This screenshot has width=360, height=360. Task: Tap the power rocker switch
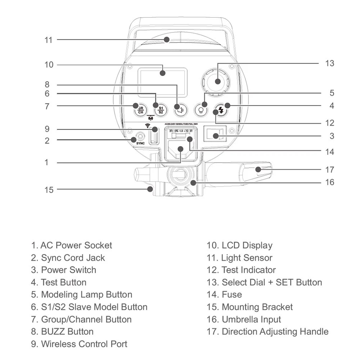216,135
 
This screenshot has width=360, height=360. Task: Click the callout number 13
329,63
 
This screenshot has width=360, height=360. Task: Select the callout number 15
49,190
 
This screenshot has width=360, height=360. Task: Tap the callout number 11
49,40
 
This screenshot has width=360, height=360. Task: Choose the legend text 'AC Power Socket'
76,246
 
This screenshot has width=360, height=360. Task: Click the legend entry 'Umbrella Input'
251,319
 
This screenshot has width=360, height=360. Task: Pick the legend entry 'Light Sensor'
247,258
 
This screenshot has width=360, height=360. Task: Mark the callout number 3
332,136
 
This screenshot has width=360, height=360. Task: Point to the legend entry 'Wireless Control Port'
84,344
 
